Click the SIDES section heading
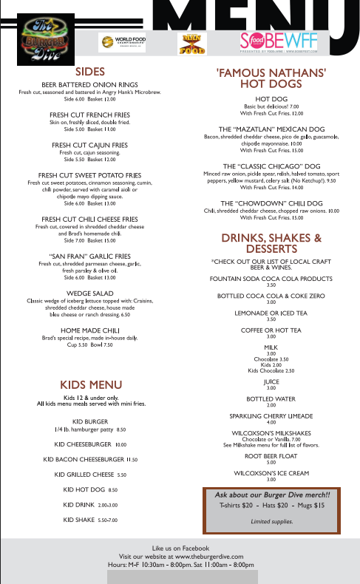[89, 72]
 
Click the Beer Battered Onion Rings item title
[89, 85]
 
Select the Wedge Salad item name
[89, 293]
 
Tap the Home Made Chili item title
[89, 330]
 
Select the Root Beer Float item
[271, 456]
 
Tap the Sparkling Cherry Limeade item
[271, 415]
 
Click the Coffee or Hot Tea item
[271, 330]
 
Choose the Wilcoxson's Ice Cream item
[271, 472]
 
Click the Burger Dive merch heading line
[272, 494]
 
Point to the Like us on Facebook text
[180, 547]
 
